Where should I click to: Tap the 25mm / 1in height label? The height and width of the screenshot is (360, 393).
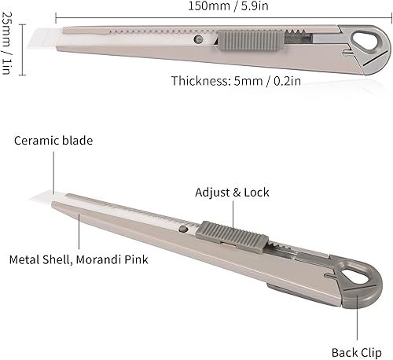(x=8, y=46)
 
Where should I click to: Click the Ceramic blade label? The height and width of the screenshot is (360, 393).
(x=53, y=141)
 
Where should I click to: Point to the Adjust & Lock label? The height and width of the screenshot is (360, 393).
(x=230, y=192)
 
